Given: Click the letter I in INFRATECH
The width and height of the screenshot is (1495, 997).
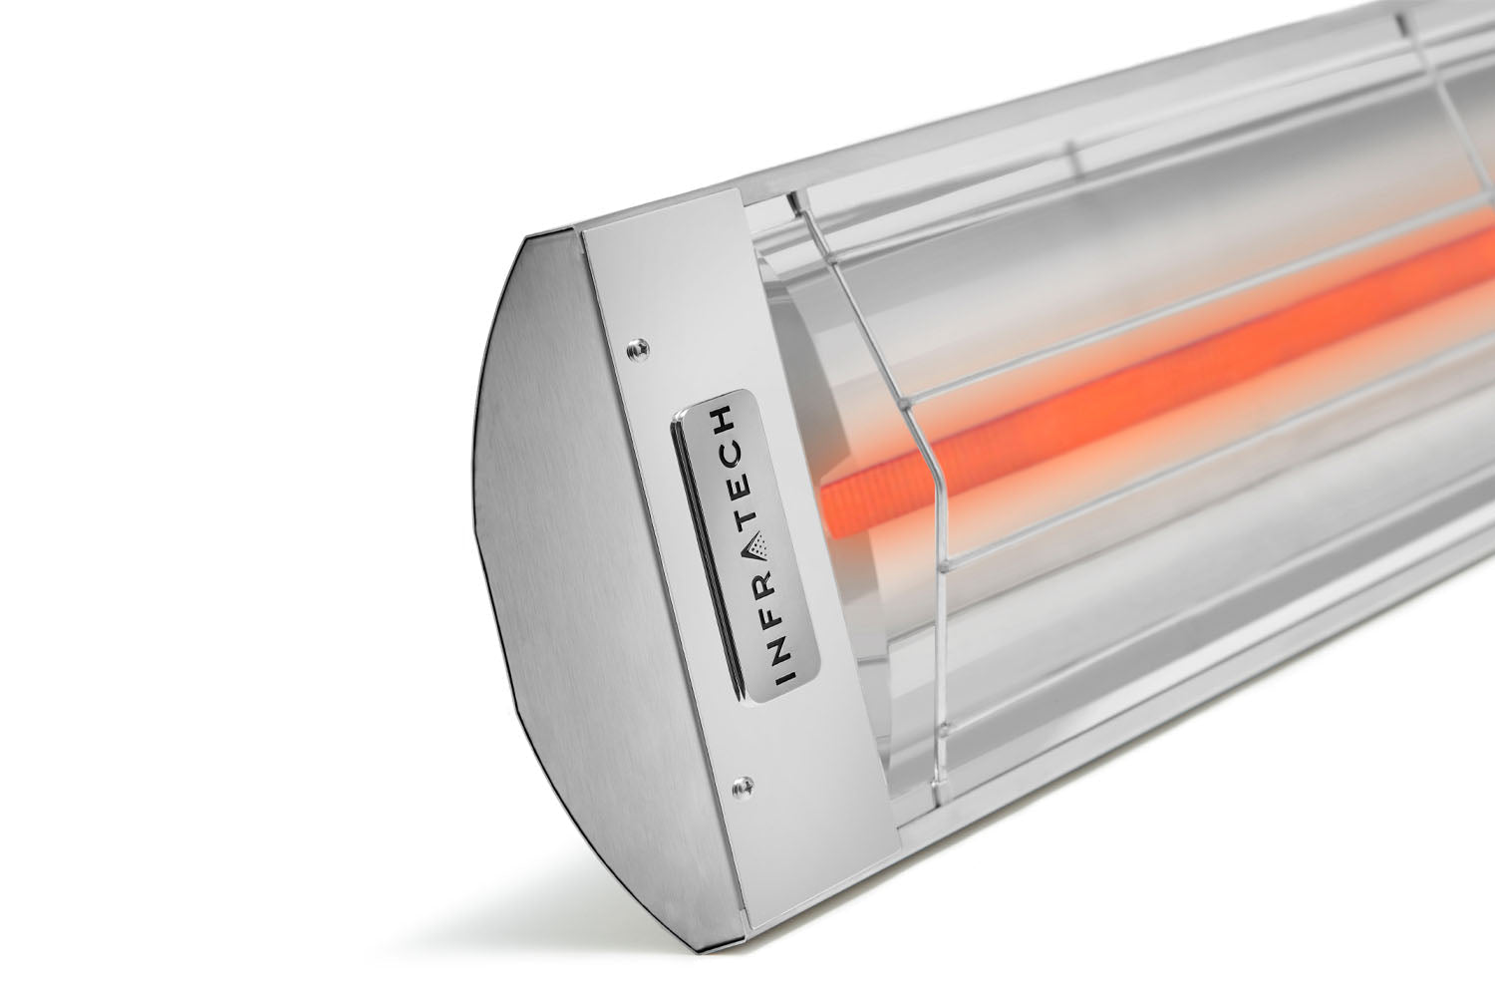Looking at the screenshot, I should coord(784,678).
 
